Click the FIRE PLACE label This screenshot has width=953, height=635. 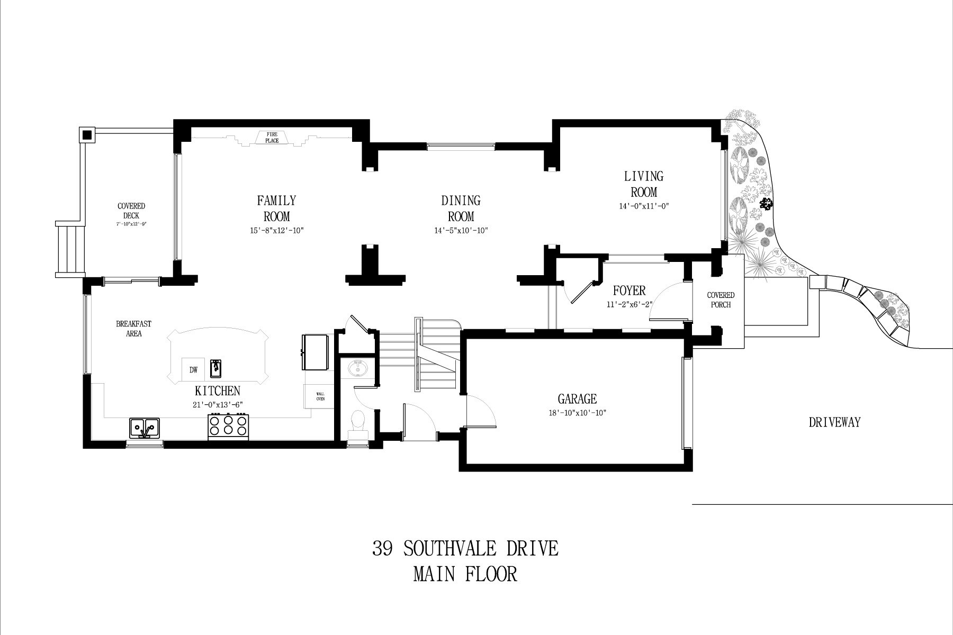(272, 138)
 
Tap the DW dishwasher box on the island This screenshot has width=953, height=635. (193, 369)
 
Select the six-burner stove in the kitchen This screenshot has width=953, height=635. (229, 427)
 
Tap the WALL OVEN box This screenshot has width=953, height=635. (320, 396)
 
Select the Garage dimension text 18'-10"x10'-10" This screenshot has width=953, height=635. (577, 413)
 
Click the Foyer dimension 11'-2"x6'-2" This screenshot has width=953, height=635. (630, 304)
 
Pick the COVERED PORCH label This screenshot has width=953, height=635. (721, 300)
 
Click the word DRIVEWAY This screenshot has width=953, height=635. (834, 422)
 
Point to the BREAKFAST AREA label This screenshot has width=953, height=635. (133, 329)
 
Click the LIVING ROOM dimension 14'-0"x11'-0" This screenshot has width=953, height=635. (644, 206)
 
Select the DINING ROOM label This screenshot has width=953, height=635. (461, 208)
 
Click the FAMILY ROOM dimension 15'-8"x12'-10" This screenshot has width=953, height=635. (276, 231)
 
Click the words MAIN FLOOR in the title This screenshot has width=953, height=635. (465, 574)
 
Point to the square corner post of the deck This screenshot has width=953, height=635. (86, 135)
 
